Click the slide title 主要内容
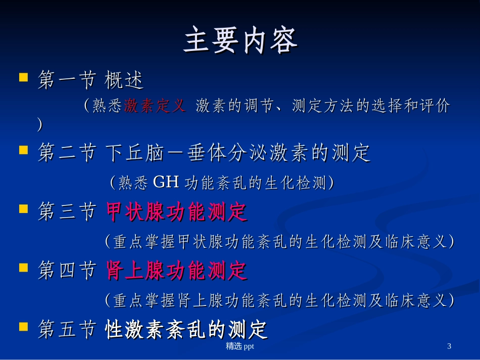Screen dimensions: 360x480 click(x=240, y=40)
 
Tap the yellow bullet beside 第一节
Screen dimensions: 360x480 click(x=23, y=78)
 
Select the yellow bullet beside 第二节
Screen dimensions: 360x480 click(x=23, y=150)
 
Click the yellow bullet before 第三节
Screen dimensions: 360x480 click(x=23, y=209)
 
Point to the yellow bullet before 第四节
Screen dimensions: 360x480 click(x=23, y=268)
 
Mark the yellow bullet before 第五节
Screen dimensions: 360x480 click(x=23, y=327)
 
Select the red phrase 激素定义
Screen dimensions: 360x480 click(x=155, y=106)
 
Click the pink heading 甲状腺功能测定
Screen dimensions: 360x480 click(x=176, y=212)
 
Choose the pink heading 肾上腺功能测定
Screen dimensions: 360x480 click(x=176, y=271)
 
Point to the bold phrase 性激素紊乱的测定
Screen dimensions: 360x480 click(x=186, y=330)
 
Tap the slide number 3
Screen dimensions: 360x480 click(x=449, y=346)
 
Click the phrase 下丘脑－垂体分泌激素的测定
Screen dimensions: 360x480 click(x=238, y=153)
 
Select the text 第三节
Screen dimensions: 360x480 click(x=67, y=212)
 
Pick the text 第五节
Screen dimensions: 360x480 click(x=67, y=330)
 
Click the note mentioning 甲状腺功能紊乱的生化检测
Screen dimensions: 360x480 click(x=279, y=242)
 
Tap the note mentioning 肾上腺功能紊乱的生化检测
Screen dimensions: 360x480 click(x=279, y=300)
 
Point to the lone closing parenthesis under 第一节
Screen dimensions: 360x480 click(x=40, y=125)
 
